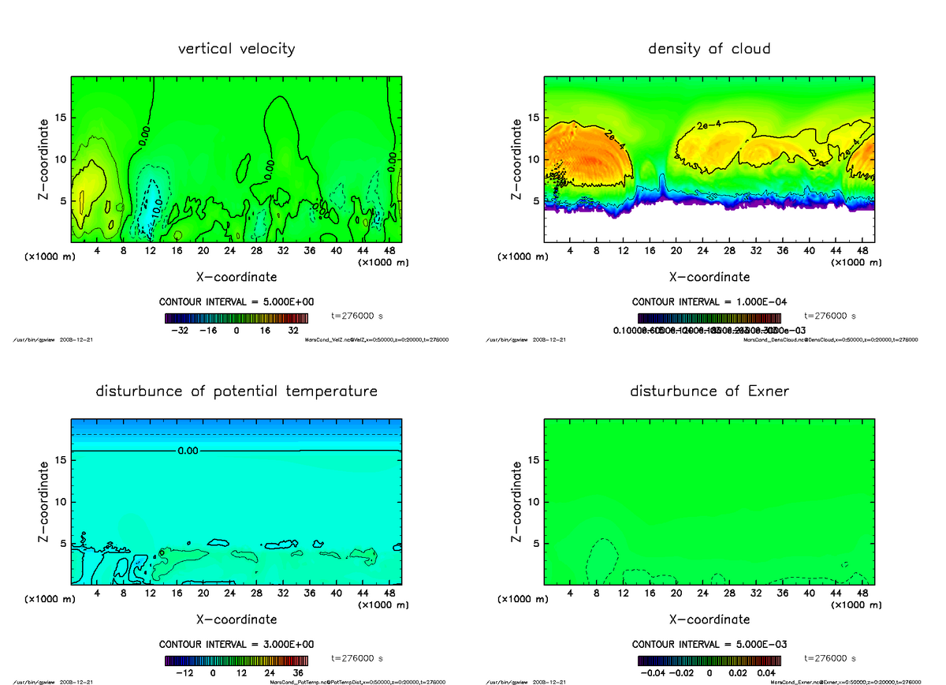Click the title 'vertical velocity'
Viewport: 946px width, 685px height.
[236, 49]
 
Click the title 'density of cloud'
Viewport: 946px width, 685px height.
[709, 49]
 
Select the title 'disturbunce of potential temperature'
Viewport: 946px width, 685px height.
[236, 391]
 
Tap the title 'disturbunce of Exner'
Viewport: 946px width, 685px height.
[709, 391]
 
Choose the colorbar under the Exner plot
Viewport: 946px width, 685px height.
[709, 661]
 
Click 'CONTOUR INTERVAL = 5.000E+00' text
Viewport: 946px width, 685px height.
[236, 302]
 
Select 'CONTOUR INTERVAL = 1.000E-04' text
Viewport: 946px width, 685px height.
[709, 302]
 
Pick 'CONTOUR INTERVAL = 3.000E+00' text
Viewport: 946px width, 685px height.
[236, 644]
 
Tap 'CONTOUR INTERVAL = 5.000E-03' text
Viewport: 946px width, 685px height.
[709, 644]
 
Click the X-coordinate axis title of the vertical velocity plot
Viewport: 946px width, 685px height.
[236, 277]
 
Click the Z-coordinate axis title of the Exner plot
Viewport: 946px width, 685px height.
[516, 503]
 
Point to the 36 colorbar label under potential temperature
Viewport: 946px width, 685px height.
[300, 673]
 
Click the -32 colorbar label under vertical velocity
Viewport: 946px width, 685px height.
[184, 331]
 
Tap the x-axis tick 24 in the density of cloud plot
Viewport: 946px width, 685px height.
[703, 250]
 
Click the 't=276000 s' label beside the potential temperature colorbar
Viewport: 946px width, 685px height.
[357, 657]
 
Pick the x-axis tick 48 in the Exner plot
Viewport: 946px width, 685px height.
[862, 593]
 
